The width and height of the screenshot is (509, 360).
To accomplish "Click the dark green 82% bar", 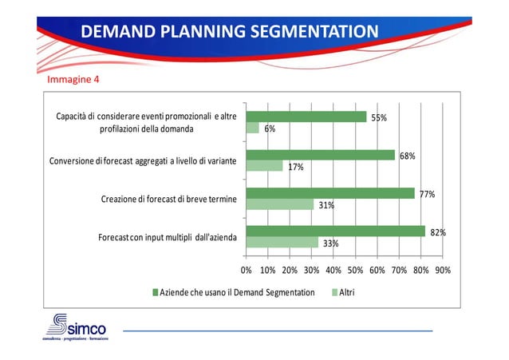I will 335,231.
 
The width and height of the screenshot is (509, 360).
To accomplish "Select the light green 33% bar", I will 282,243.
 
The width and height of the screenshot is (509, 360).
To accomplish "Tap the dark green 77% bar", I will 330,193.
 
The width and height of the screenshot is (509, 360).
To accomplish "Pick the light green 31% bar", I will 279,204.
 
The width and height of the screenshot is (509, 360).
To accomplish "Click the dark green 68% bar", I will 320,155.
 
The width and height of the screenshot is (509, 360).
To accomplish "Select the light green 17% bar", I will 264,166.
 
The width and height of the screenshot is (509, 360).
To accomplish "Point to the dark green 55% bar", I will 306,117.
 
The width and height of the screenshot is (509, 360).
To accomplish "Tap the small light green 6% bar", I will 252,128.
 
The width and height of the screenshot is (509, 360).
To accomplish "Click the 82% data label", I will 437,232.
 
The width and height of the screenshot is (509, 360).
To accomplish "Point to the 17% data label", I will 295,167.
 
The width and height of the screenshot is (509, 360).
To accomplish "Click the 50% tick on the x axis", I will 356,271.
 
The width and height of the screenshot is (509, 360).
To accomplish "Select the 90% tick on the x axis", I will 443,271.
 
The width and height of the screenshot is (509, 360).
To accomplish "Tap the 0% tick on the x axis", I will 246,271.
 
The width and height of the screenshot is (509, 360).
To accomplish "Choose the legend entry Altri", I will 343,292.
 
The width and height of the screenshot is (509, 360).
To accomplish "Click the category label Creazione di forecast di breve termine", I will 168,199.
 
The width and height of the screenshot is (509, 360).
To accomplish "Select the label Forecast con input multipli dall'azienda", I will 167,237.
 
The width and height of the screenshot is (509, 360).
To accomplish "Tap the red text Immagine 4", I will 73,81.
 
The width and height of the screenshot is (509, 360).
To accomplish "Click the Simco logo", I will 75,328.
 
